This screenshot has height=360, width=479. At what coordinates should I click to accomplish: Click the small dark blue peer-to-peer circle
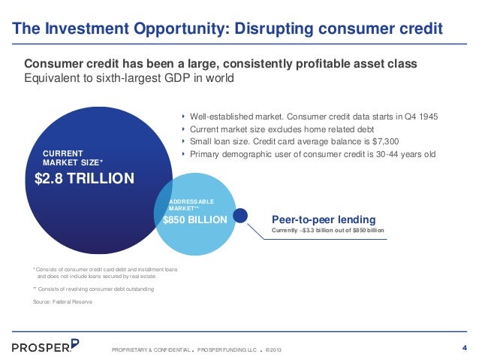pyautogui.click(x=240, y=216)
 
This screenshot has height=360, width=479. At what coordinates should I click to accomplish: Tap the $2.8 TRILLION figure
pyautogui.click(x=84, y=178)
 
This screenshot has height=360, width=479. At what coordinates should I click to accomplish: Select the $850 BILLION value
pyautogui.click(x=195, y=219)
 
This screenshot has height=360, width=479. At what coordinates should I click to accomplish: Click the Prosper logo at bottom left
pyautogui.click(x=46, y=346)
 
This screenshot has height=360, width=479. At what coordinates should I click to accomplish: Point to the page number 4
pyautogui.click(x=465, y=348)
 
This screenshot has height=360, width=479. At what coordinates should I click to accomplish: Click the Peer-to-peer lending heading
pyautogui.click(x=324, y=219)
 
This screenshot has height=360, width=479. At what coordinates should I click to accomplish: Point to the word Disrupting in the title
pyautogui.click(x=274, y=29)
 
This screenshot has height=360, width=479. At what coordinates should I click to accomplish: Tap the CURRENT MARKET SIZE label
pyautogui.click(x=73, y=158)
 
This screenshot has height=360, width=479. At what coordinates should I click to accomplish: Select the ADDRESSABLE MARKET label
pyautogui.click(x=191, y=205)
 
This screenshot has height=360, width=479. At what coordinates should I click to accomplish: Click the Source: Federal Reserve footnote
pyautogui.click(x=62, y=301)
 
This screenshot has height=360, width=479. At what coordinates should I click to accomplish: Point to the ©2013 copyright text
pyautogui.click(x=273, y=349)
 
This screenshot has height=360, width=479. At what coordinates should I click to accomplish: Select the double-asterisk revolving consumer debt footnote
pyautogui.click(x=94, y=289)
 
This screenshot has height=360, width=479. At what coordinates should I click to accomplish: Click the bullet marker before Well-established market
pyautogui.click(x=183, y=116)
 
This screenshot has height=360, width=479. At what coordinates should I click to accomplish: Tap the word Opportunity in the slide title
pyautogui.click(x=182, y=29)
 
